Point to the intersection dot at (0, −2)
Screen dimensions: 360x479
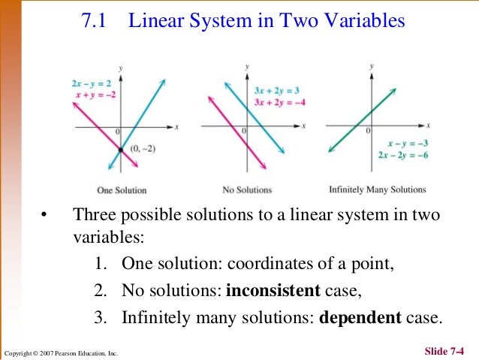pyautogui.click(x=119, y=150)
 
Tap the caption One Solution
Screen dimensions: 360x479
pyautogui.click(x=122, y=190)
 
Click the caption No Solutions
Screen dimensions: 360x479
pyautogui.click(x=247, y=190)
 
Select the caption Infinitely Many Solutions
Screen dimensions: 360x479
pyautogui.click(x=377, y=189)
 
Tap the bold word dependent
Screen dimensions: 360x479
pyautogui.click(x=360, y=316)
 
